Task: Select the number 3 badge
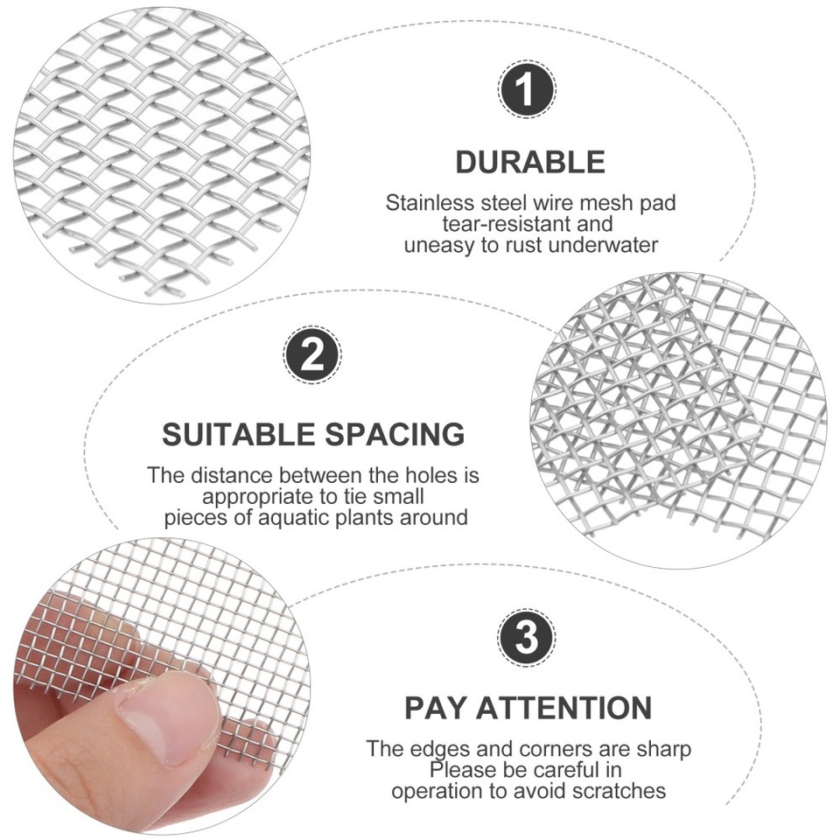pyautogui.click(x=527, y=639)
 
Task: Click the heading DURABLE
pyautogui.click(x=530, y=162)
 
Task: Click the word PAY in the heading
pyautogui.click(x=432, y=707)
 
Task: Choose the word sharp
pyautogui.click(x=664, y=749)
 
